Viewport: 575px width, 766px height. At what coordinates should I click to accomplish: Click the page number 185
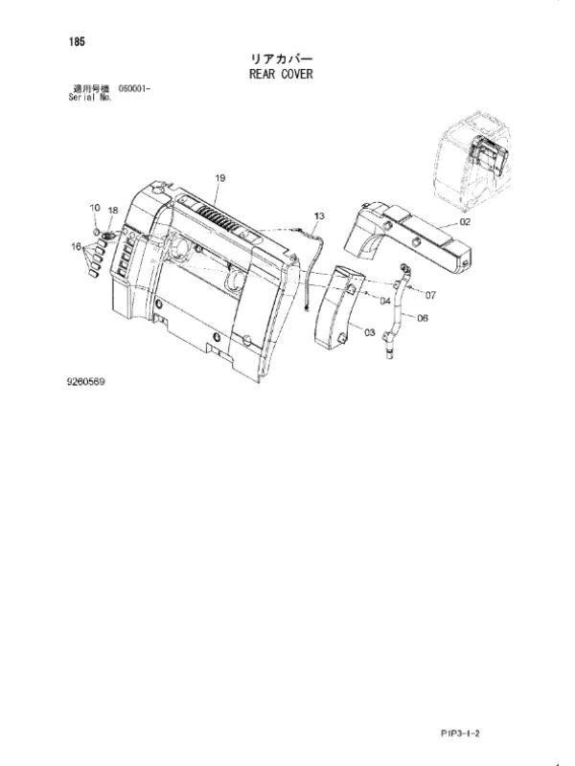[77, 42]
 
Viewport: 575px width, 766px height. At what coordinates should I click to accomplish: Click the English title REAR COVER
[281, 75]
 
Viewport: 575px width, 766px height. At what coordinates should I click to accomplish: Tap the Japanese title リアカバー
[281, 59]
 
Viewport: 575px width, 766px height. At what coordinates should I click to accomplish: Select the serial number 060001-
[134, 89]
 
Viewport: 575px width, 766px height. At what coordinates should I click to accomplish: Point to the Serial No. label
[90, 97]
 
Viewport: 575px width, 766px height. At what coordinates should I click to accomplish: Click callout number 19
[220, 178]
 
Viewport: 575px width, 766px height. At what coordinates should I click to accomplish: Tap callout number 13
[319, 216]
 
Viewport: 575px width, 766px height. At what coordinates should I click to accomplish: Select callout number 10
[95, 208]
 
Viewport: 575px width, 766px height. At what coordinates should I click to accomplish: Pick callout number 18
[113, 211]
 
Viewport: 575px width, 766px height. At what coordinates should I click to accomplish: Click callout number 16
[77, 246]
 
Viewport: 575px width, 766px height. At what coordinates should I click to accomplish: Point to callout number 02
[465, 222]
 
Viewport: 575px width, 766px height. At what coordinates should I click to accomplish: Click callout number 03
[370, 332]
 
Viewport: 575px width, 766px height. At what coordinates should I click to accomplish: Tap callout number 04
[385, 301]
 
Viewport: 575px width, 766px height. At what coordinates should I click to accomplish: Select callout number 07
[430, 295]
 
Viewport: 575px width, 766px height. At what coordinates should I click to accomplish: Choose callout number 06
[423, 318]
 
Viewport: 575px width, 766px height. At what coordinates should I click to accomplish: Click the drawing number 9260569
[85, 381]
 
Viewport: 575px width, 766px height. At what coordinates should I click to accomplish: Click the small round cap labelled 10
[97, 231]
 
